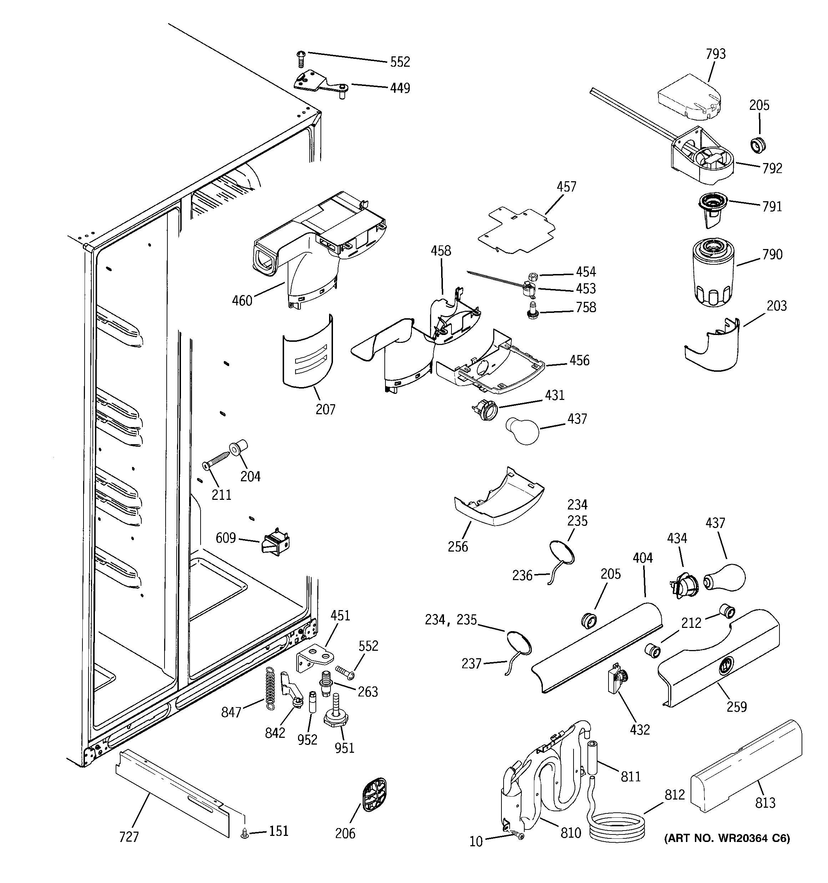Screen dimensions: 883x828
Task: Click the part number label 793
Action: pos(716,54)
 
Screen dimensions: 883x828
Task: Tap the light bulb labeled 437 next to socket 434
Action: pos(725,577)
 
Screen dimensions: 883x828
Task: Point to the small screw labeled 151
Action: pos(244,835)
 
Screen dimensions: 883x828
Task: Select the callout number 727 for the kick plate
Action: pos(129,837)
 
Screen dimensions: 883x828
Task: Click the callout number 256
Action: pos(458,546)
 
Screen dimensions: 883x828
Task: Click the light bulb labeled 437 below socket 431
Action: pos(522,430)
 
